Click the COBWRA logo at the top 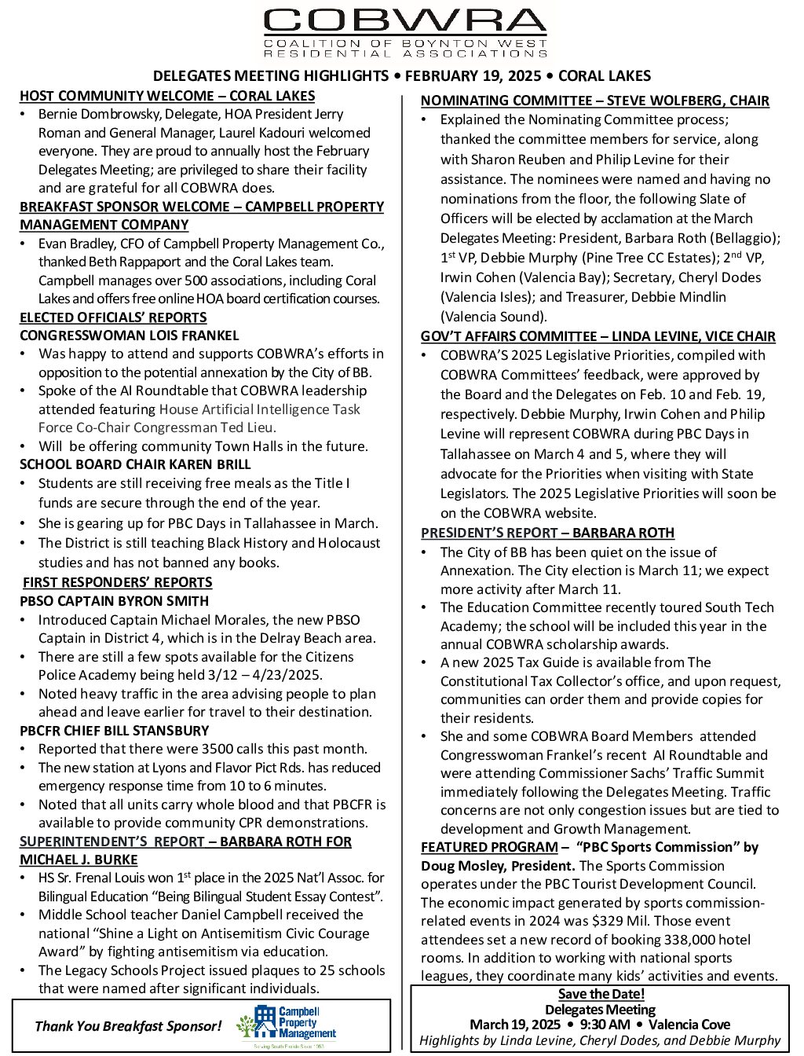tap(405, 33)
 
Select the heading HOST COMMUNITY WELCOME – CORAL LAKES tap(167, 96)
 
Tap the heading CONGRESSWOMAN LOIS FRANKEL tap(130, 335)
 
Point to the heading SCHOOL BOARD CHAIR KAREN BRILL tap(135, 464)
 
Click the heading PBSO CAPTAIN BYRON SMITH tap(115, 601)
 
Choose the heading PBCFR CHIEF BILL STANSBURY tap(115, 731)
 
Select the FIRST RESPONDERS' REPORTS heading tap(118, 582)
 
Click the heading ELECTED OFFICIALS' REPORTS tap(113, 317)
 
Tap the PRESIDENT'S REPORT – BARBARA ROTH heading tap(547, 533)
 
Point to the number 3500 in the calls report tap(217, 749)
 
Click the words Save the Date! tap(601, 994)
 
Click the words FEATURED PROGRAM tap(489, 847)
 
